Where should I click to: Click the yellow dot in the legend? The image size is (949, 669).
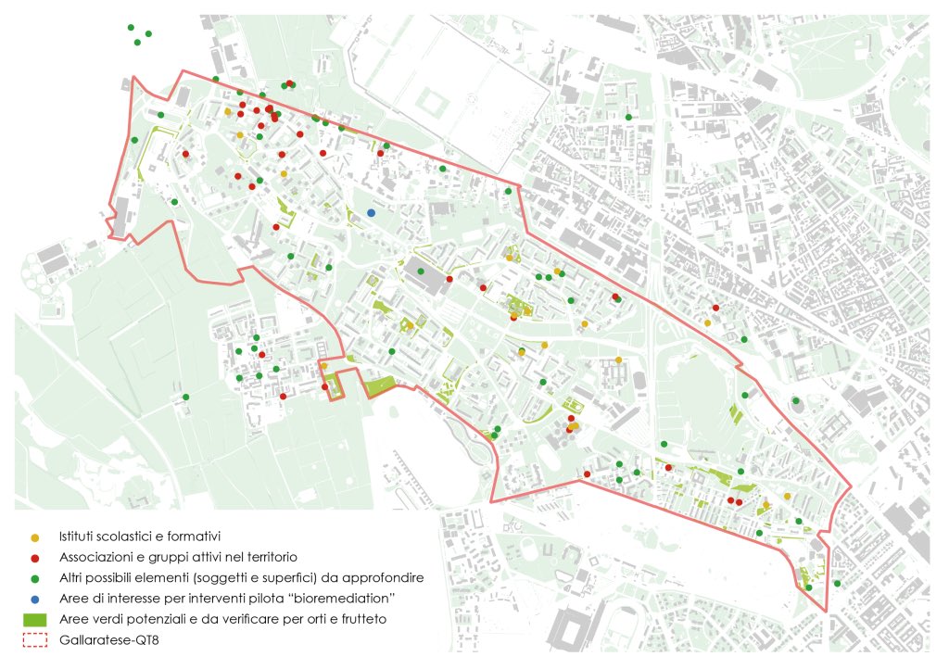(35, 537)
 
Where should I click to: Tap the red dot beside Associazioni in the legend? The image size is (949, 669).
(35, 558)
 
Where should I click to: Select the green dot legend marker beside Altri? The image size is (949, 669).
(35, 577)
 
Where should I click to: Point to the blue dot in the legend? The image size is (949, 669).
(35, 598)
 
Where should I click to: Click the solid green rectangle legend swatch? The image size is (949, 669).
(35, 618)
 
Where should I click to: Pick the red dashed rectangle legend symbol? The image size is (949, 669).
(35, 638)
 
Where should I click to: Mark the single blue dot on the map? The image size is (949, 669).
(371, 212)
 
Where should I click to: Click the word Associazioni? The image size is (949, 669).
(100, 558)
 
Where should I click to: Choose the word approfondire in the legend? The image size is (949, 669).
(387, 577)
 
